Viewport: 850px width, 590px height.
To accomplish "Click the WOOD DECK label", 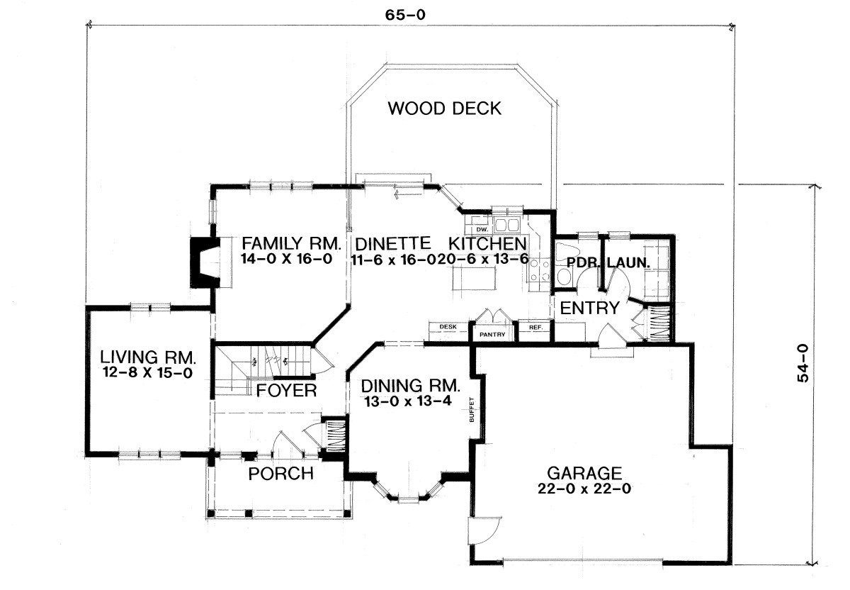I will (x=445, y=108).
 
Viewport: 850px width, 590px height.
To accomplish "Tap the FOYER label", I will (x=286, y=391).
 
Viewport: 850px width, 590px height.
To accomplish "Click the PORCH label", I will (x=281, y=473).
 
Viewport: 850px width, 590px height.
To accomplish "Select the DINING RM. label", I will (x=411, y=387).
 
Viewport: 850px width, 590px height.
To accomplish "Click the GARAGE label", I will (x=584, y=472).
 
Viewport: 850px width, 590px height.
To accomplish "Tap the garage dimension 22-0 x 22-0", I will (x=584, y=489).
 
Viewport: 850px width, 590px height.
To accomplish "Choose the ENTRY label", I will (x=590, y=308).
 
